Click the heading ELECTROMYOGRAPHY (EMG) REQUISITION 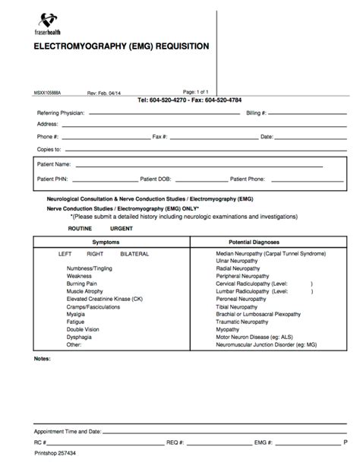(x=120, y=46)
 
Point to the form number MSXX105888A (x=49, y=91)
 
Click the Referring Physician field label (x=63, y=112)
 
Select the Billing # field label (x=255, y=112)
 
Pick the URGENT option (x=122, y=227)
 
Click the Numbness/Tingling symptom (x=90, y=268)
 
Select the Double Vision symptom (x=84, y=329)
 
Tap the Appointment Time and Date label (x=70, y=430)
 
